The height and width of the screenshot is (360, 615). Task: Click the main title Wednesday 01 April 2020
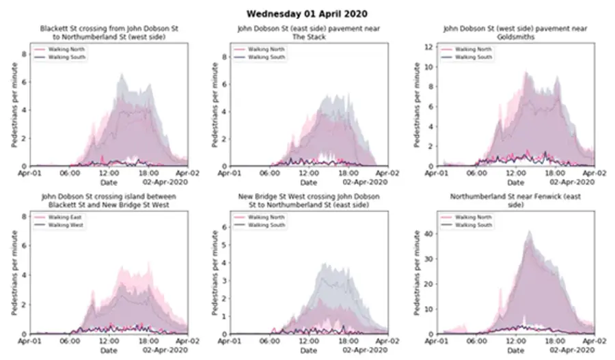(307, 12)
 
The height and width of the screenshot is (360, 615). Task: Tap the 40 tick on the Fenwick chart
(426, 234)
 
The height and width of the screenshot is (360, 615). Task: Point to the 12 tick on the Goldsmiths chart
(426, 46)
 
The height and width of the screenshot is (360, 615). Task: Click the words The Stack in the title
(307, 37)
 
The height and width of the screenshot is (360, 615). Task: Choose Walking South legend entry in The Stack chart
(269, 57)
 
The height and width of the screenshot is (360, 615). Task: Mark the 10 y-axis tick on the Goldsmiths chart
(426, 67)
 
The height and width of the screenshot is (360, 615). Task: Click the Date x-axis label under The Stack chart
(309, 182)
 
